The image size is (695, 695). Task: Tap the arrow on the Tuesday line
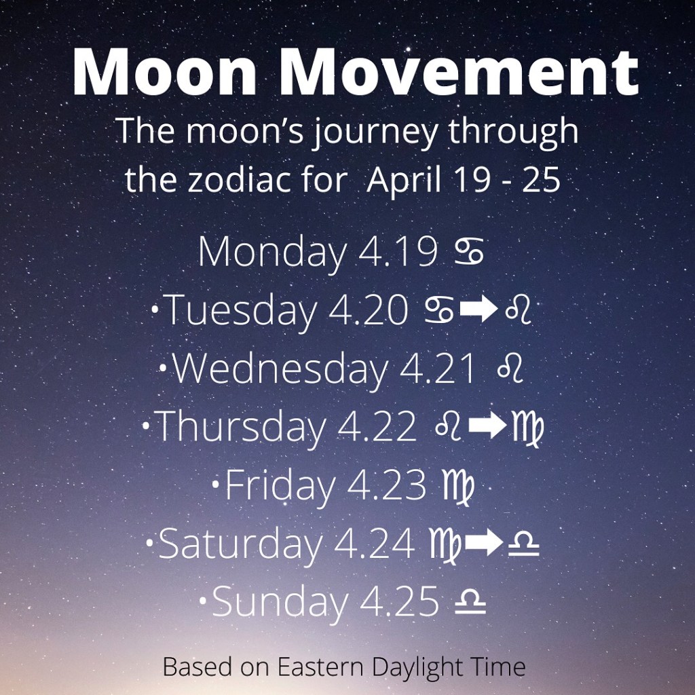(479, 310)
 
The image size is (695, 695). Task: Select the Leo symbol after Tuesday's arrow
(517, 310)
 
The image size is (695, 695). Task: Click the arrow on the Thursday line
(487, 427)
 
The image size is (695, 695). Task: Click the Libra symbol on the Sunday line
(470, 601)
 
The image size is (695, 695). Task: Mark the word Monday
(271, 252)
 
